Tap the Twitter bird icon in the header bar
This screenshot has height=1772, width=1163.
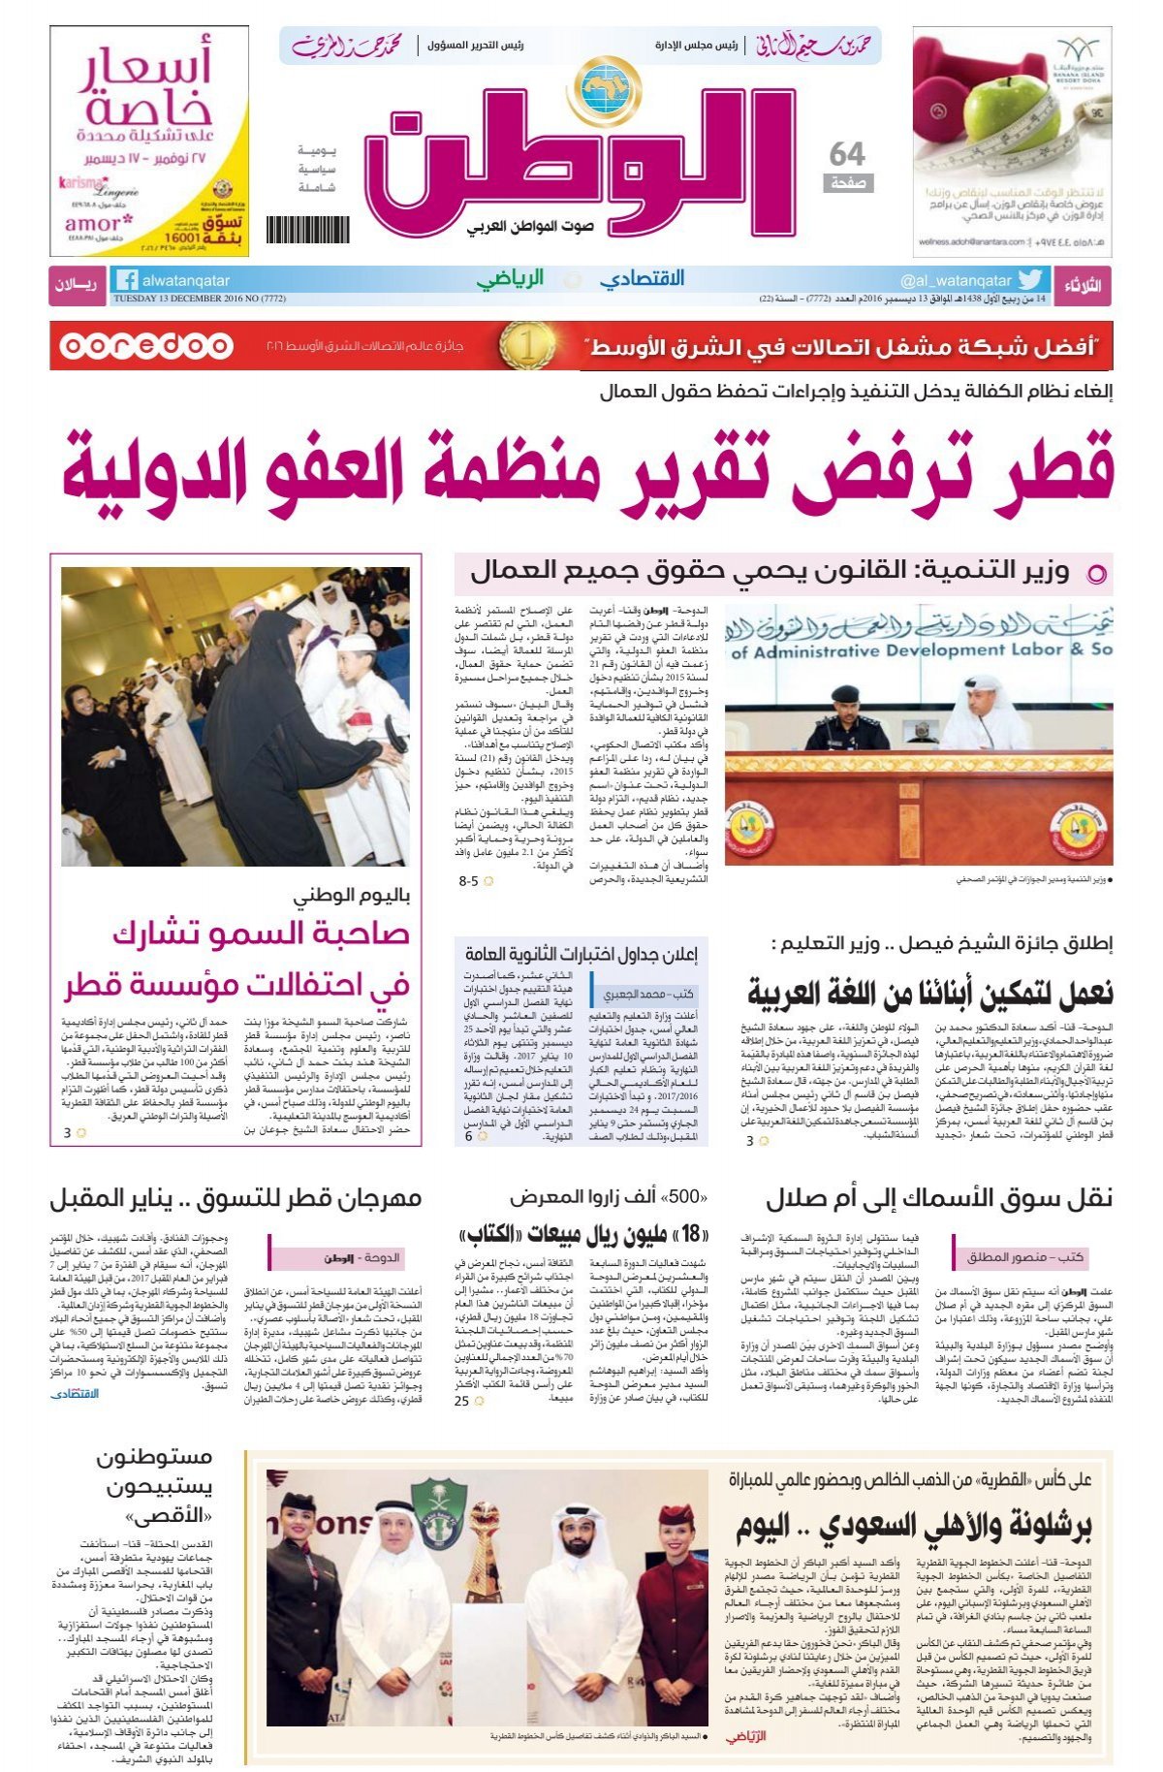tap(1029, 280)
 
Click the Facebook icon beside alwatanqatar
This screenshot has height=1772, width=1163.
tap(125, 280)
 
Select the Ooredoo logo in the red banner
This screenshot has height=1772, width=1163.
tap(145, 346)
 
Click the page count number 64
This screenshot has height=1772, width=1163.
tap(847, 154)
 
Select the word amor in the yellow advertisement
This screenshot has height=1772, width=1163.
tap(92, 222)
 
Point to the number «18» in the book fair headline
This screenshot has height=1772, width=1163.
tap(691, 1235)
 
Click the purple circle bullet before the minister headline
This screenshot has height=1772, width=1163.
tap(1096, 574)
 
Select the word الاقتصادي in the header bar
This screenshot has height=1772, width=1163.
tap(642, 279)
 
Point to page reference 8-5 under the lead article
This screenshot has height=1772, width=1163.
tap(469, 881)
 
